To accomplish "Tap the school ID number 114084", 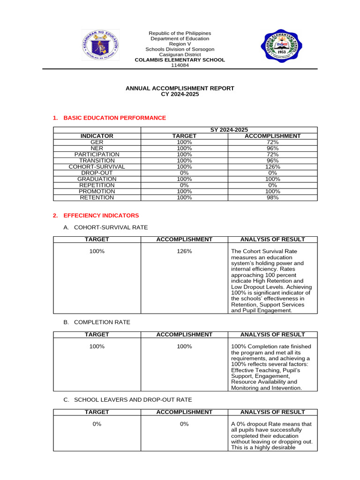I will coord(180,66).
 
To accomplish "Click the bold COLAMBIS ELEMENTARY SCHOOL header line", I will coord(180,60).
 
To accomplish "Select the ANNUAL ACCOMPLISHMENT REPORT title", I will coord(180,88).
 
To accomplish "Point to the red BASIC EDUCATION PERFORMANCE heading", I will coord(114,118).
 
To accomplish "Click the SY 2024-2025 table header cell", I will coord(229,130).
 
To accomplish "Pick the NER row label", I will coord(97,148).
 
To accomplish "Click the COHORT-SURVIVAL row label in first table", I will coord(97,167).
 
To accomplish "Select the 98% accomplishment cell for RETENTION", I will coord(272,198).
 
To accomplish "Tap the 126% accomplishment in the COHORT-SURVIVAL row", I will coord(272,167).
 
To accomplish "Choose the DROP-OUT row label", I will coord(97,173).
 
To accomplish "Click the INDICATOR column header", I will coord(97,136).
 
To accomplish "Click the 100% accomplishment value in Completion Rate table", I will coord(184,346).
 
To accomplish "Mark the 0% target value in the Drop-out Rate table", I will coord(97,424).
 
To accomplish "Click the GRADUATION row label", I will coord(97,179).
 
